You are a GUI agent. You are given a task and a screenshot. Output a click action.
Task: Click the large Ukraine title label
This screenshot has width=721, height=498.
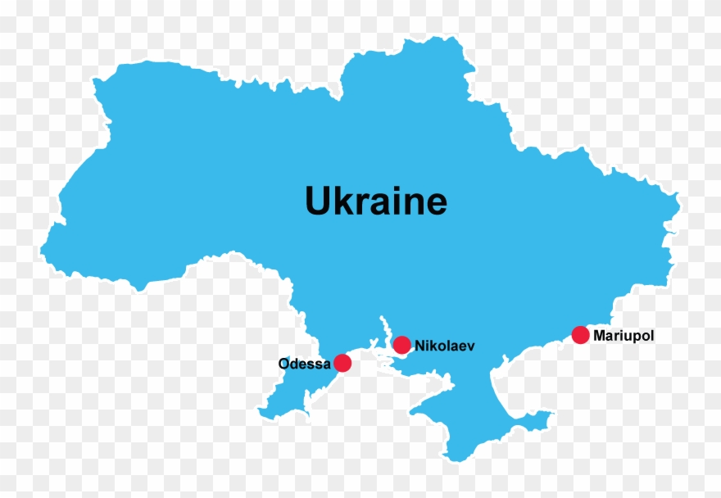tap(376, 201)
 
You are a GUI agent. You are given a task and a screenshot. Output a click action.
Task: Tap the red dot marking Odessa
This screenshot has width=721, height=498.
tap(342, 363)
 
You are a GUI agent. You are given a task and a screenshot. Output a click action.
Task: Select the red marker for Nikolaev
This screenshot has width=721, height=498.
tap(401, 345)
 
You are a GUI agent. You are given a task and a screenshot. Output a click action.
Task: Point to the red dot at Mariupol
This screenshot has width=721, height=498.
tap(580, 334)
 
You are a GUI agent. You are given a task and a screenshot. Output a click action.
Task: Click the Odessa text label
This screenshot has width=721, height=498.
tap(304, 364)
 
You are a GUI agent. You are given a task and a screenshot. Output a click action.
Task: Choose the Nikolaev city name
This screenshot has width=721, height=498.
tap(445, 346)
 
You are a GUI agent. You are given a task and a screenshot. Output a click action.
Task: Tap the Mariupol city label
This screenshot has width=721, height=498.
tap(624, 335)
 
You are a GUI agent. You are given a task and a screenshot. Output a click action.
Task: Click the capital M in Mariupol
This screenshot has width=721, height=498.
tap(599, 335)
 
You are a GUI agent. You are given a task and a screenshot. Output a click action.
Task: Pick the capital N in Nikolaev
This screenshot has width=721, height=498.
tap(419, 346)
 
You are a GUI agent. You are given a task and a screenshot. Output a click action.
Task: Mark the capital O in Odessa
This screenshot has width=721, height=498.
tap(284, 364)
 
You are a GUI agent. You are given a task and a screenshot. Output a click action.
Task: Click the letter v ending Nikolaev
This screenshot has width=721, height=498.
tap(470, 347)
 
